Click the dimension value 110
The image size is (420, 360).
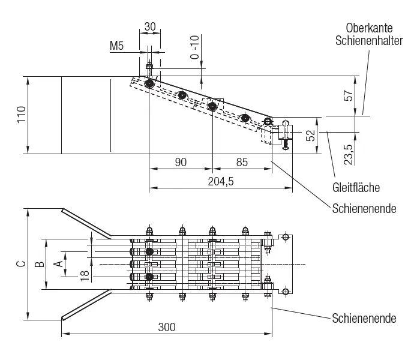pyautogui.click(x=20, y=115)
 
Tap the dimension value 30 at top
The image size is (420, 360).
pyautogui.click(x=150, y=27)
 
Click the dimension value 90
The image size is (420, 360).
pyautogui.click(x=181, y=162)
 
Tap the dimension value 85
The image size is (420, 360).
pyautogui.click(x=241, y=162)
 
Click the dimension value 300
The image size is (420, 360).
pyautogui.click(x=166, y=327)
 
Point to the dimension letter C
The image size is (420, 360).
pyautogui.click(x=20, y=263)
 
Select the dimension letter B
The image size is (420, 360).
pyautogui.click(x=38, y=263)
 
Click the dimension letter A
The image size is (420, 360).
pyautogui.click(x=58, y=263)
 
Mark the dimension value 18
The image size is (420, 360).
pyautogui.click(x=83, y=274)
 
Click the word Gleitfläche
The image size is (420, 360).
pyautogui.click(x=356, y=187)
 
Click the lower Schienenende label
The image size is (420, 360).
pyautogui.click(x=364, y=318)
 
